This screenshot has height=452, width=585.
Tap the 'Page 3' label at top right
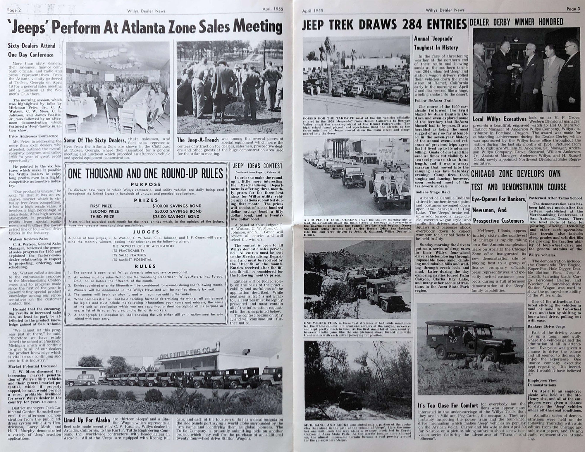click(x=573, y=9)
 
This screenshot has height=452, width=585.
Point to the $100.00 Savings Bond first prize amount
click(x=177, y=206)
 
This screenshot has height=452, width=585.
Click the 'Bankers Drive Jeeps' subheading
click(x=542, y=326)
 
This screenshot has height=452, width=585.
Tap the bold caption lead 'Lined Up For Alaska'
click(x=86, y=420)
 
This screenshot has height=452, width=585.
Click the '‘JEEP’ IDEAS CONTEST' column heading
click(x=257, y=166)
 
